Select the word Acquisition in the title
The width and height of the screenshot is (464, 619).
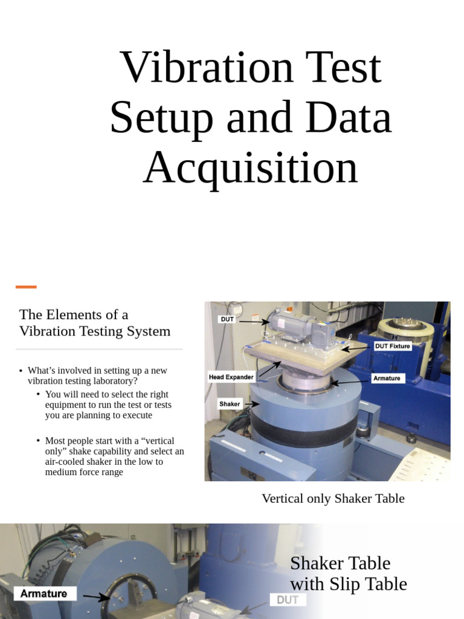(x=250, y=167)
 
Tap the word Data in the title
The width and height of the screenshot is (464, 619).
(x=348, y=117)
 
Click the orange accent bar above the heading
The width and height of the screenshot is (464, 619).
(x=26, y=287)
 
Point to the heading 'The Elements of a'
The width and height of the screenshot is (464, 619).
(x=74, y=314)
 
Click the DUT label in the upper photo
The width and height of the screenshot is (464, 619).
(x=228, y=319)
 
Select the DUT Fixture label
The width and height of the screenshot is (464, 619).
(x=392, y=346)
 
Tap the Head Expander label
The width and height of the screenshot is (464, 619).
(x=231, y=377)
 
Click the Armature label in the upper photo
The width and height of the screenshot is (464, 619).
(x=387, y=378)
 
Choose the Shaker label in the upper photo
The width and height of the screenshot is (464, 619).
(x=230, y=404)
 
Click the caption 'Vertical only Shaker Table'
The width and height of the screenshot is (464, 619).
(x=333, y=499)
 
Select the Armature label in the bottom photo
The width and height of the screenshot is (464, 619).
(x=43, y=594)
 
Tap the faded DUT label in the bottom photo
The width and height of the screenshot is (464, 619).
(x=288, y=600)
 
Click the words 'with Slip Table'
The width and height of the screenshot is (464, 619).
(x=349, y=585)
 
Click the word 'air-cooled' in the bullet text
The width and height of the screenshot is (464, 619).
(x=68, y=462)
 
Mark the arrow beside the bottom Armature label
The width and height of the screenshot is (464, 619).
(x=95, y=597)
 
